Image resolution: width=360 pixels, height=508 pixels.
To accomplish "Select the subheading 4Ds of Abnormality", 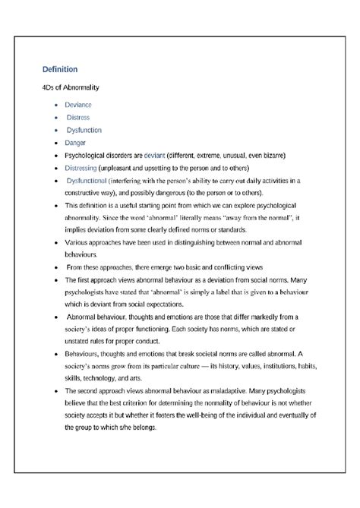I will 71,87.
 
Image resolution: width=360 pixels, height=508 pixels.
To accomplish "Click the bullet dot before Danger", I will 55,142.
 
